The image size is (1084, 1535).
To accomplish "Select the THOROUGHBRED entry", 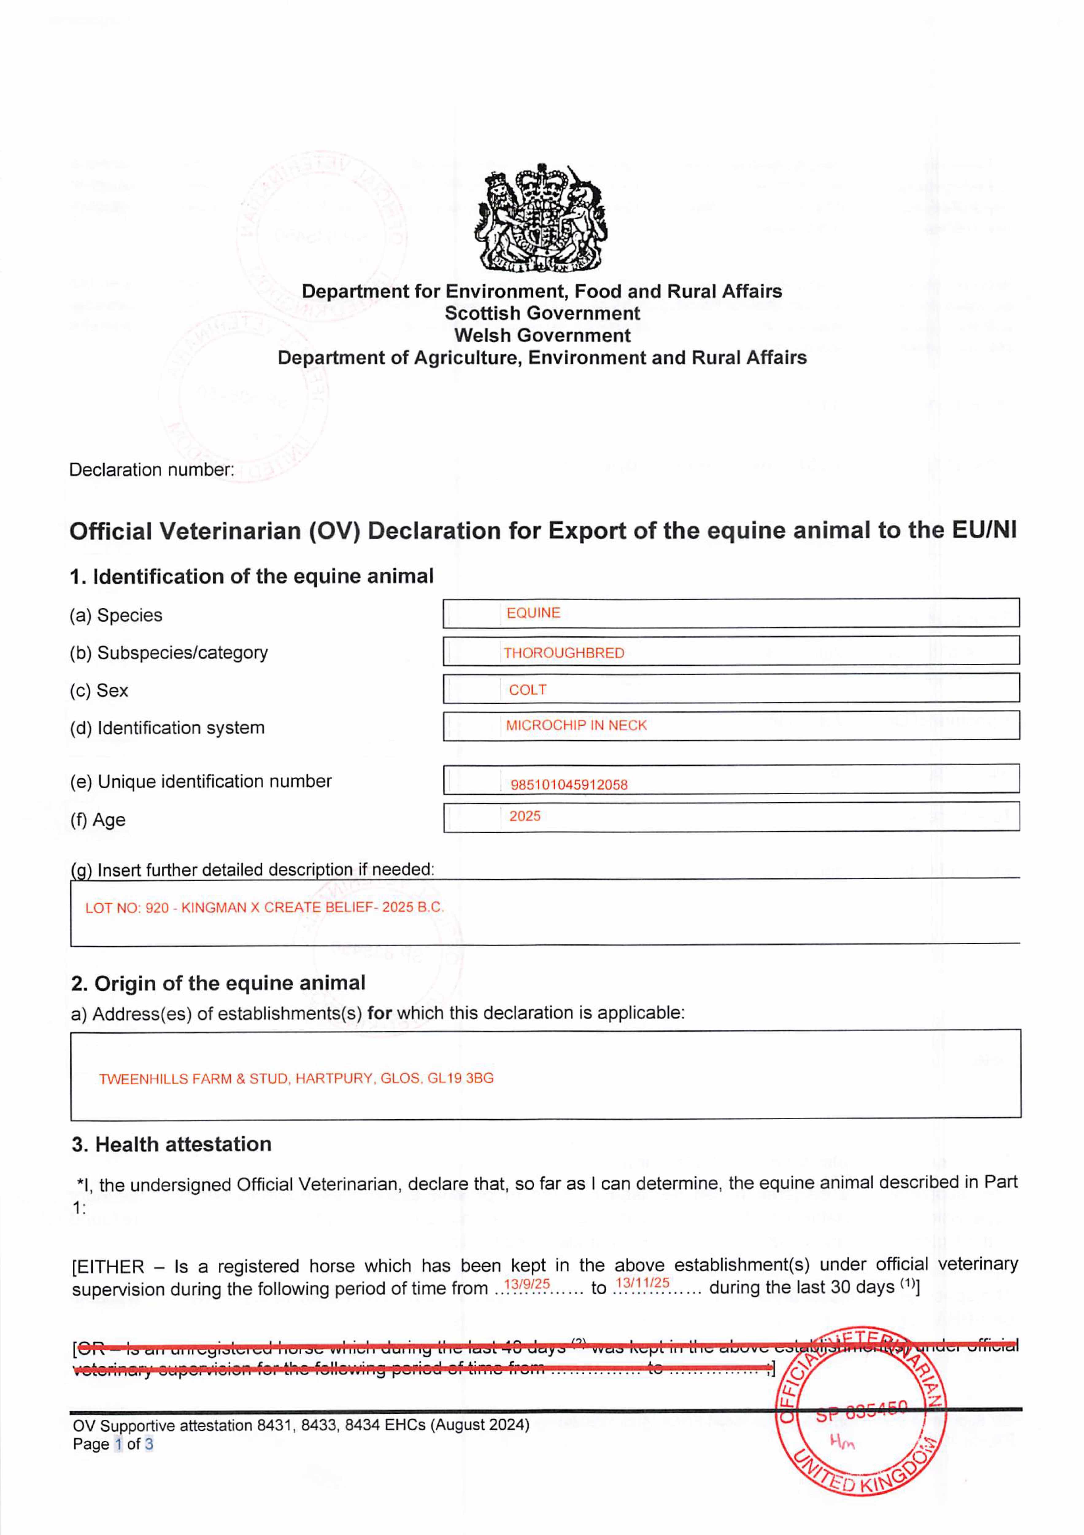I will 563,653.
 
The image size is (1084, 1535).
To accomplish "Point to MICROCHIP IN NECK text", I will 576,725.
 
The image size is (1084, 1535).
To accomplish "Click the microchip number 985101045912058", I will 569,785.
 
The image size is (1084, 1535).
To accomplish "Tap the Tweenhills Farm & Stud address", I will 296,1078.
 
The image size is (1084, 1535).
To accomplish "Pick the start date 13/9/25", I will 527,1284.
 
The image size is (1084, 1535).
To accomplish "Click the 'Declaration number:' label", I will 152,470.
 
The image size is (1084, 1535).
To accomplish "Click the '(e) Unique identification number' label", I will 200,782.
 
